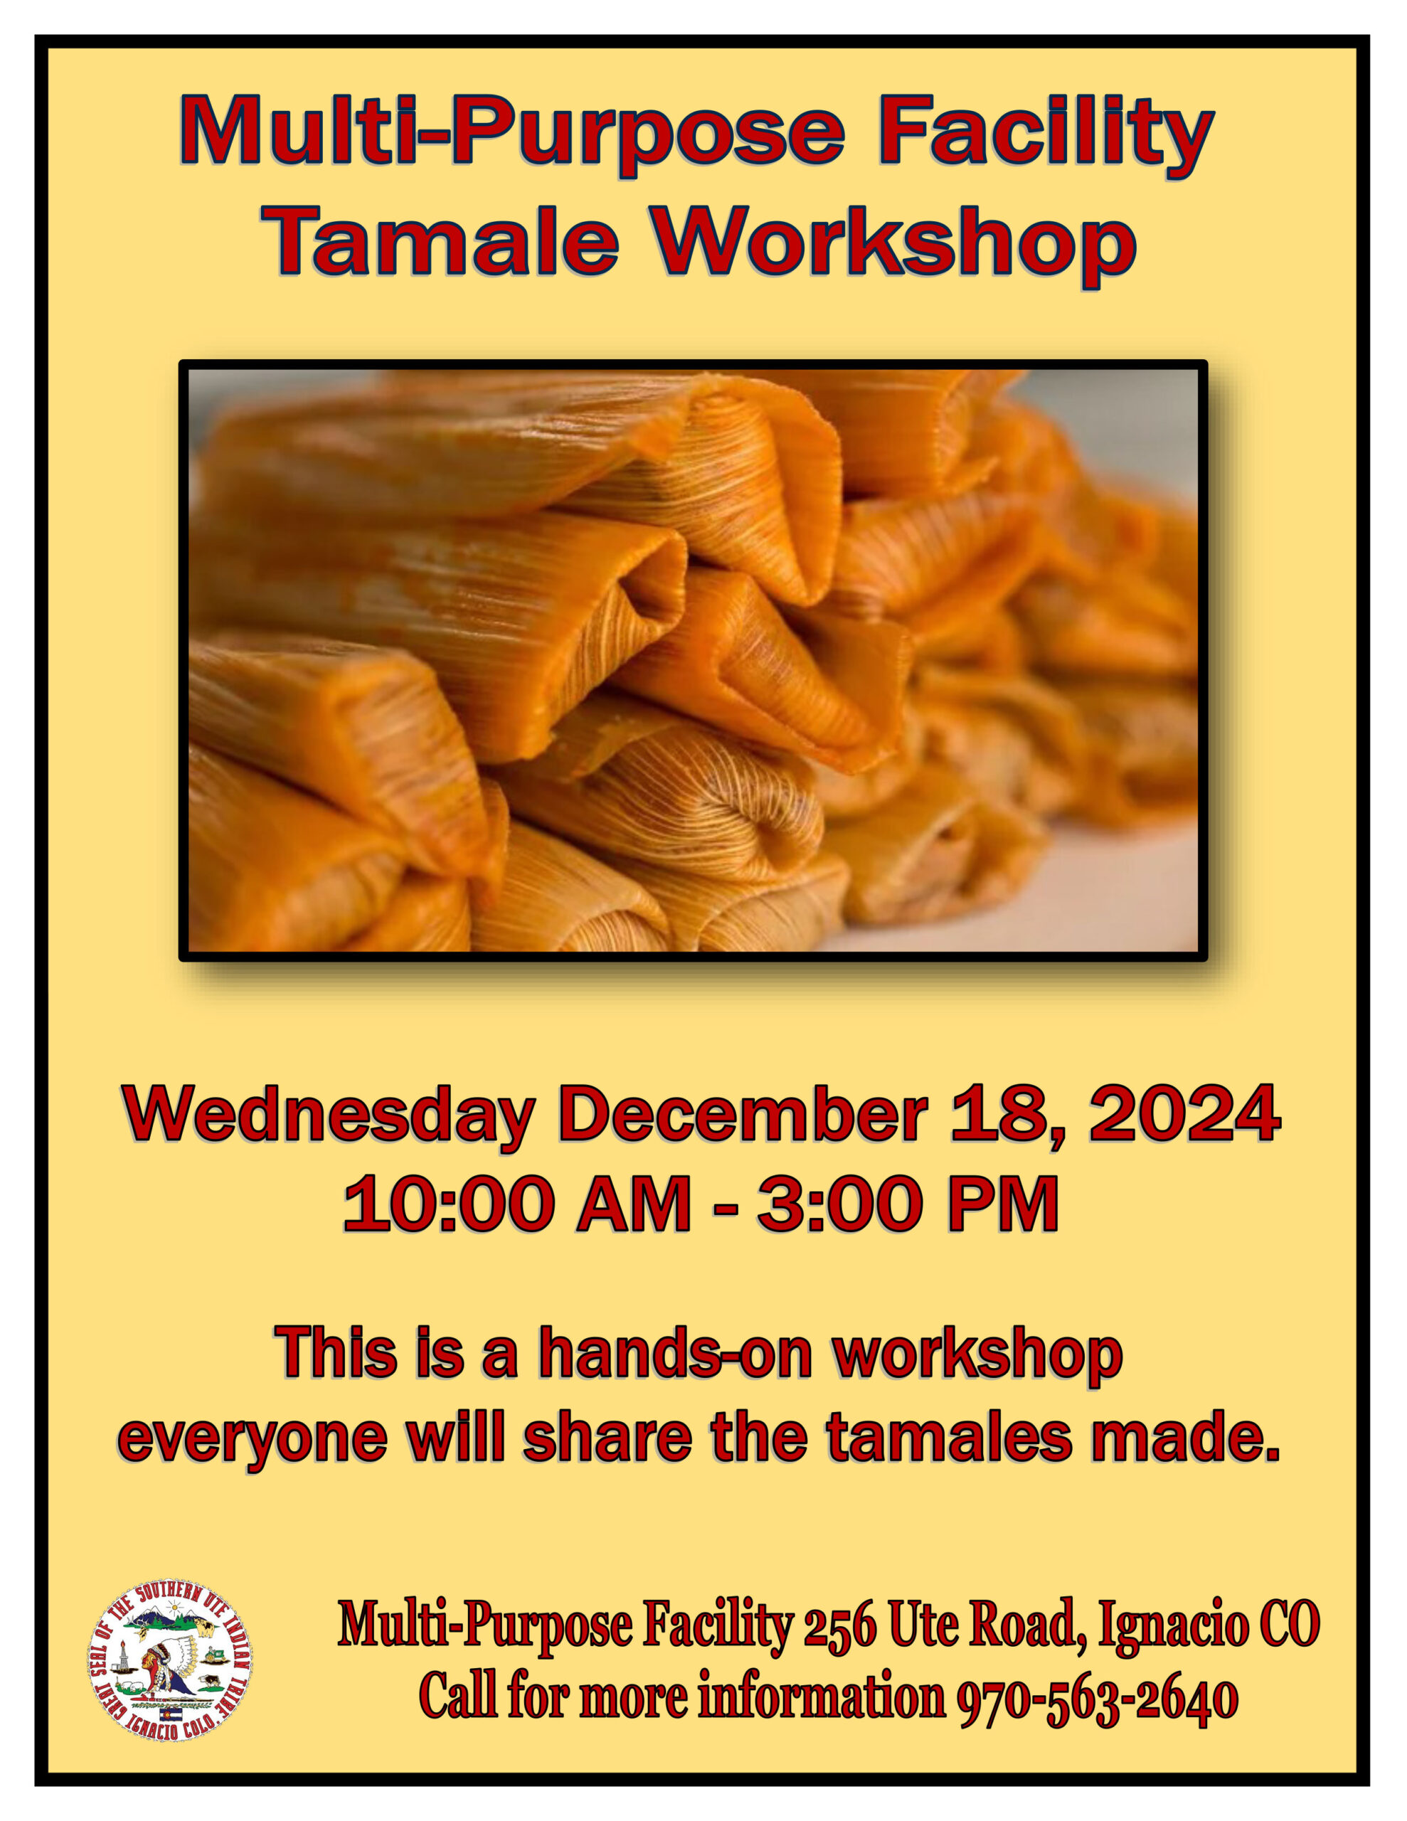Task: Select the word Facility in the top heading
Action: pos(1046,131)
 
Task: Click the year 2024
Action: pos(1184,1113)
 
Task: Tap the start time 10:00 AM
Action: pos(517,1204)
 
